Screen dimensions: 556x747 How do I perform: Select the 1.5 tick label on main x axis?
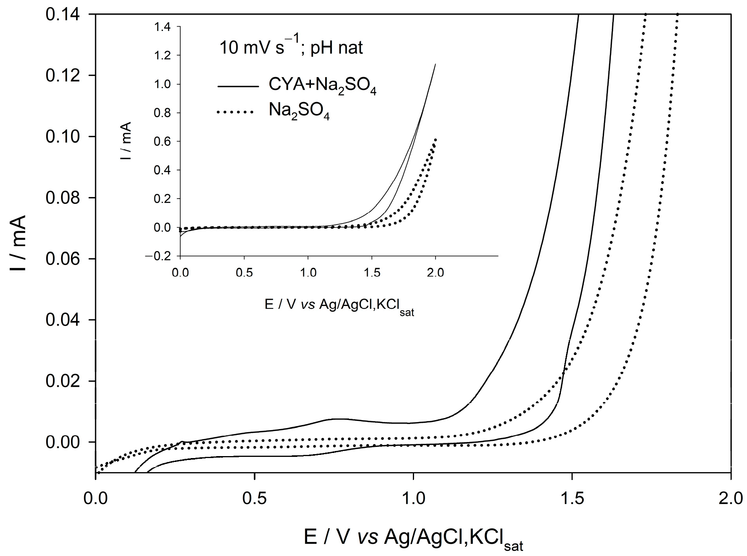[x=572, y=498]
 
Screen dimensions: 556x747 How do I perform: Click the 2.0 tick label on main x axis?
[x=731, y=498]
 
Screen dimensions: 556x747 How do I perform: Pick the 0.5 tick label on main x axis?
[x=255, y=498]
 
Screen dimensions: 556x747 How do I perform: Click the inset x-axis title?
[x=339, y=305]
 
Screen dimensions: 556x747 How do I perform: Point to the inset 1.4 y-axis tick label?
[x=163, y=27]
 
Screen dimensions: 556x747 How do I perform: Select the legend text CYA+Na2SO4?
[x=322, y=86]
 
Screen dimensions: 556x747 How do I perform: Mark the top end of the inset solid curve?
[x=436, y=64]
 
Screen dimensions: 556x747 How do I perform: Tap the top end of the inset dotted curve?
[x=435, y=139]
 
